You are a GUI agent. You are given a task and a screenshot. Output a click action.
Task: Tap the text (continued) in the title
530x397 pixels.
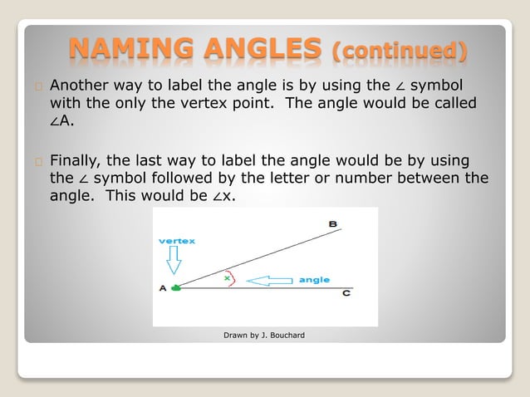coord(399,53)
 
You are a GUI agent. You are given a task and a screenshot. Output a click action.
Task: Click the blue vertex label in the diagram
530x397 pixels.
coord(177,241)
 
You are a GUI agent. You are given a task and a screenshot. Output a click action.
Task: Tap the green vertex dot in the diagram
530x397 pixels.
coord(175,288)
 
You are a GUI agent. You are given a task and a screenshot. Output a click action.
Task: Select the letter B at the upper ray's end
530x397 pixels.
coord(332,224)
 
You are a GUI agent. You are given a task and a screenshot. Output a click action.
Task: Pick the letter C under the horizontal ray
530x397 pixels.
coord(346,296)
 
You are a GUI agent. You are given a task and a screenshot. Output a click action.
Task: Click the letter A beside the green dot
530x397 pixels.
coord(162,288)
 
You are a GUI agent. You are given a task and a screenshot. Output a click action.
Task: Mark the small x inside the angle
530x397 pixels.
coord(227,278)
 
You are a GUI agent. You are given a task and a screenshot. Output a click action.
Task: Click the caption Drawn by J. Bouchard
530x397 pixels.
coord(264,336)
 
